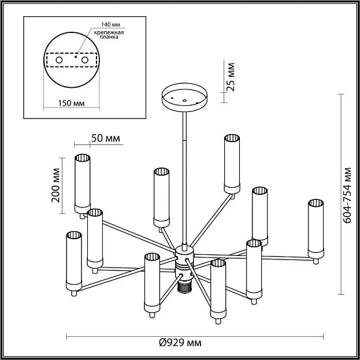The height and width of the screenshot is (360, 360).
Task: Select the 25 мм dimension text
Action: click(x=231, y=77)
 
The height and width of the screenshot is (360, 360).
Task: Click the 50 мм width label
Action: click(x=105, y=138)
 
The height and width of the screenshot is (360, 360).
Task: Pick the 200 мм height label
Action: click(x=55, y=183)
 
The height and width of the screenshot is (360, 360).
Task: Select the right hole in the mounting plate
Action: click(x=85, y=60)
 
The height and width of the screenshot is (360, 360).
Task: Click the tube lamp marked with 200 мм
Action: click(x=82, y=183)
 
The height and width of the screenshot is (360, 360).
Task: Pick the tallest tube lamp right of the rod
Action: click(x=232, y=163)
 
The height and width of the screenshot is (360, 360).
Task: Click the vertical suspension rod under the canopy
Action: click(x=185, y=173)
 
